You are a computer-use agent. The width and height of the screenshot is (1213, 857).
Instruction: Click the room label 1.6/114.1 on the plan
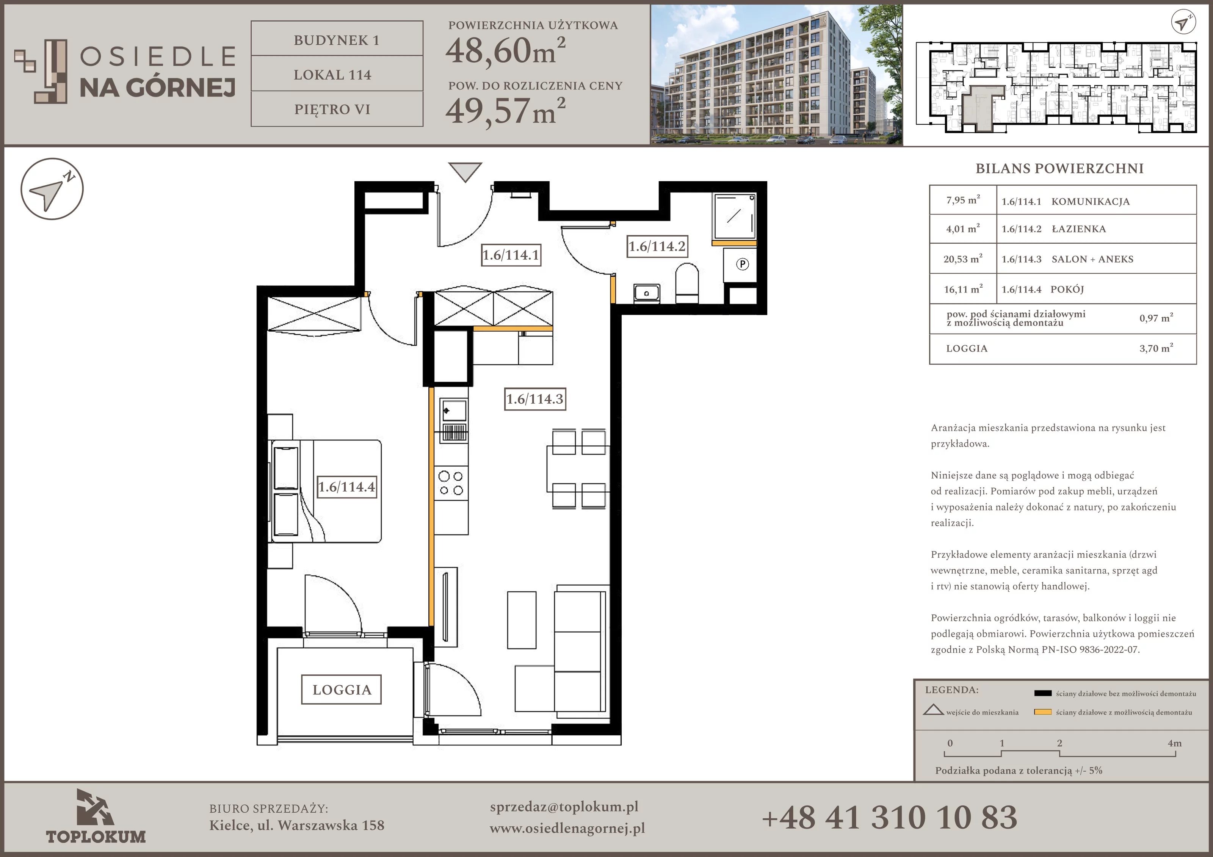coord(511,255)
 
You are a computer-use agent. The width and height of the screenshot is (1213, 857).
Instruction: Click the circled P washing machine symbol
coord(742,264)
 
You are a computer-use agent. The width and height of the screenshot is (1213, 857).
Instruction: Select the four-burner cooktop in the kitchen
coord(451,483)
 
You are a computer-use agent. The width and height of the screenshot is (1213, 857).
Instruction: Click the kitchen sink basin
coord(454,410)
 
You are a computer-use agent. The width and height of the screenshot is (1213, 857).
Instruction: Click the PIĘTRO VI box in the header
coord(337,109)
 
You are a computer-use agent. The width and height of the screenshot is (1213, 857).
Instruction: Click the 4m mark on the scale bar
coord(1174,743)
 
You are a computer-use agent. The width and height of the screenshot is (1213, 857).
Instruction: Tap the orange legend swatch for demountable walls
coord(1043,712)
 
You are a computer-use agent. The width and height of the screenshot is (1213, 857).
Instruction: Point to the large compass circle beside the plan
coord(52,189)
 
